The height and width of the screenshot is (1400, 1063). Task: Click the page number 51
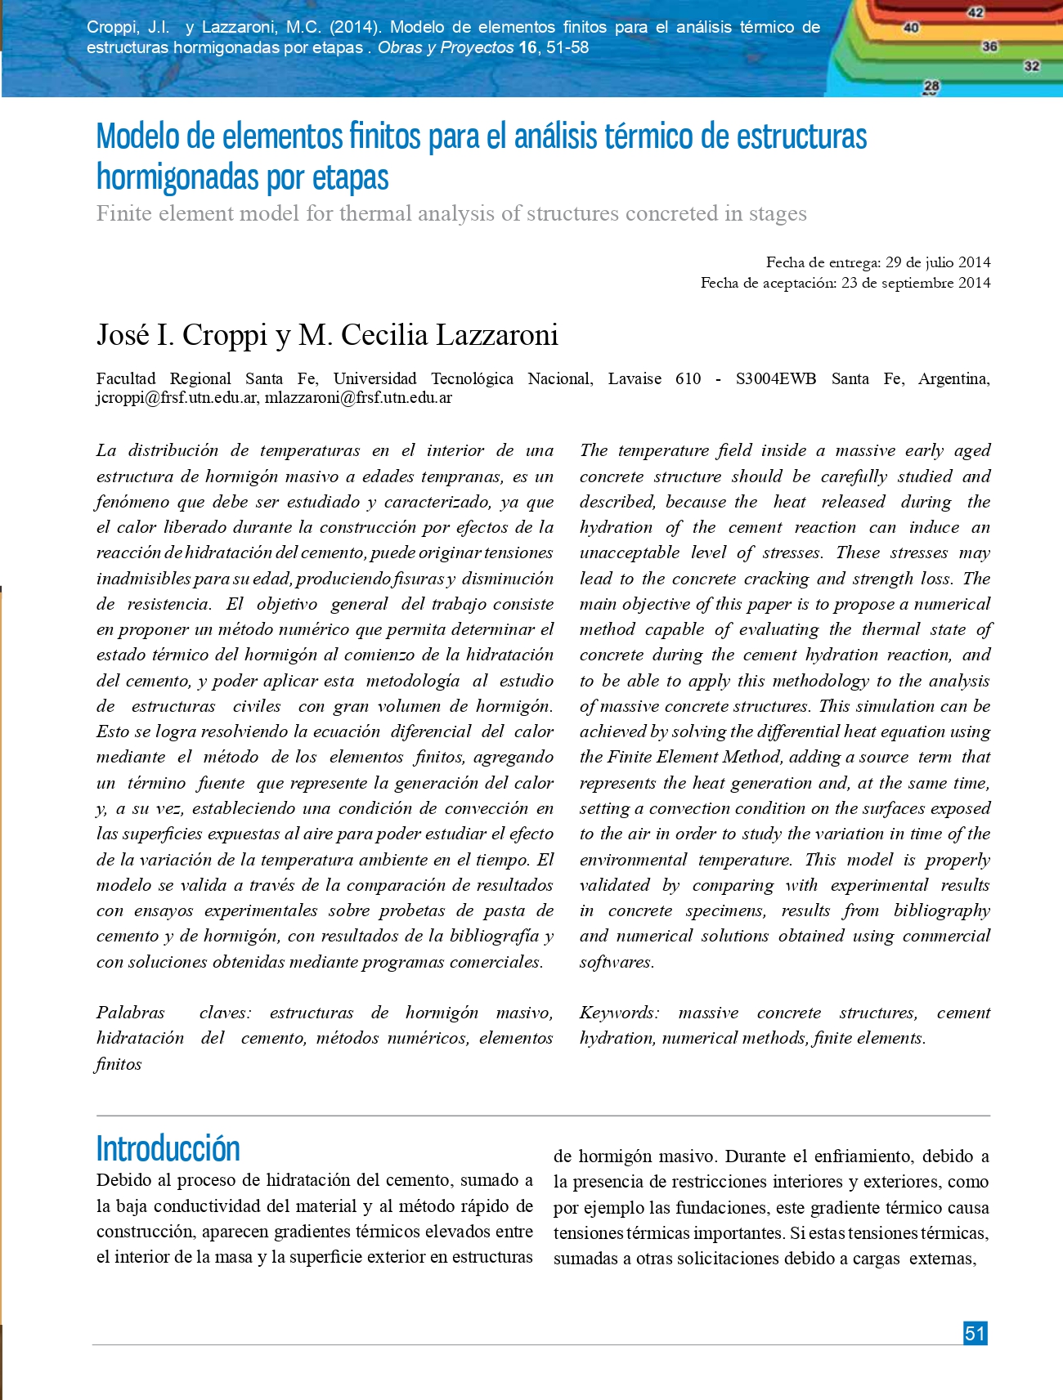[975, 1333]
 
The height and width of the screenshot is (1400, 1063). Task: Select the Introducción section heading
[168, 1148]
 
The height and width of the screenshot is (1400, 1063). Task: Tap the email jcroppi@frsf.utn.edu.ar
[177, 398]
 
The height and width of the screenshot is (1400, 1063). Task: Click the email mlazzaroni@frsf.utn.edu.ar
[358, 398]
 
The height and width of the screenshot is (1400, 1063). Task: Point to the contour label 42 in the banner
[976, 12]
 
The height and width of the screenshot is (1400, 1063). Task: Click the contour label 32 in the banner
[1032, 65]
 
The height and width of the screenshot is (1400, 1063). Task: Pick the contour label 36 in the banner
[989, 47]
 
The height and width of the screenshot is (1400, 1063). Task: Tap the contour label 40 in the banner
[911, 28]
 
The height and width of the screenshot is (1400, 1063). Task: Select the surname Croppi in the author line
[225, 335]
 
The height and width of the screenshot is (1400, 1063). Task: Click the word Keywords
[619, 1013]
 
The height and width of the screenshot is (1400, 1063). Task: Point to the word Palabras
[131, 1013]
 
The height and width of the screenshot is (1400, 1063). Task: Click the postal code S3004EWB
[775, 378]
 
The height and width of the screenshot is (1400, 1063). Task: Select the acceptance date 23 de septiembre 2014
[916, 283]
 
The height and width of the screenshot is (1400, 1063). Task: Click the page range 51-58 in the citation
[567, 47]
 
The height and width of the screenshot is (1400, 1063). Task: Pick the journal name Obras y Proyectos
[446, 47]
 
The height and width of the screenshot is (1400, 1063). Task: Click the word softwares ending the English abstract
[617, 962]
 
